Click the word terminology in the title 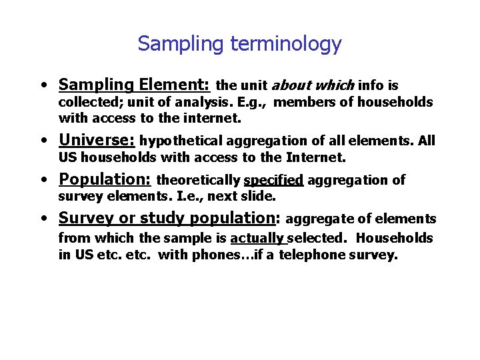click(286, 44)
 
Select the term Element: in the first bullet click(175, 85)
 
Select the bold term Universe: click(97, 141)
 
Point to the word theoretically click(198, 180)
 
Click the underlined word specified click(273, 180)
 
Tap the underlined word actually click(258, 238)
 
